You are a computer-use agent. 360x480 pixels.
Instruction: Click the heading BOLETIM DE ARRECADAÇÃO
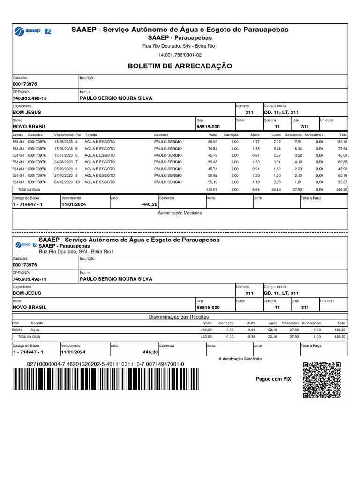pyautogui.click(x=180, y=66)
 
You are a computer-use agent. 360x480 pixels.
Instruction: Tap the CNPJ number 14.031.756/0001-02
pyautogui.click(x=180, y=55)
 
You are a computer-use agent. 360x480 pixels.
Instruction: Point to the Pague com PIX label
pyautogui.click(x=273, y=379)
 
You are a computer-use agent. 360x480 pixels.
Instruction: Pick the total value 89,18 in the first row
pyautogui.click(x=342, y=141)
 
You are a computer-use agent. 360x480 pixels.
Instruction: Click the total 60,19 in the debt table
pyautogui.click(x=342, y=175)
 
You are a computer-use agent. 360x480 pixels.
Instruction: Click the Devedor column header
pyautogui.click(x=161, y=135)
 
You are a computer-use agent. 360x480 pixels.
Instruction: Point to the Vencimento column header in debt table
pyautogui.click(x=64, y=135)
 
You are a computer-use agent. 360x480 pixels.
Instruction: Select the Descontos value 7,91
pyautogui.click(x=298, y=141)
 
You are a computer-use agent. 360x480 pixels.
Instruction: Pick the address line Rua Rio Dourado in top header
pyautogui.click(x=180, y=46)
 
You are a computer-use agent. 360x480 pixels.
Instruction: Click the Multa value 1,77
pyautogui.click(x=255, y=141)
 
